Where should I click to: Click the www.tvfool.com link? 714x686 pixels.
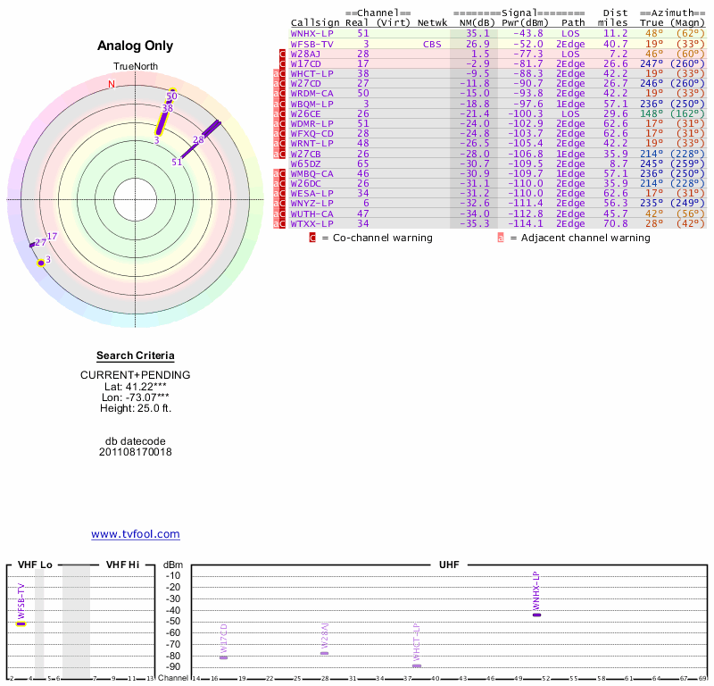coord(136,534)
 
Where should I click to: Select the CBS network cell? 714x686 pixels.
coord(433,43)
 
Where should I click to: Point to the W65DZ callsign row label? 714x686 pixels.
coord(305,163)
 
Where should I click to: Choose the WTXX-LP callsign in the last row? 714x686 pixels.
coord(312,223)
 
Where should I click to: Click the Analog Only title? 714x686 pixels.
coord(136,46)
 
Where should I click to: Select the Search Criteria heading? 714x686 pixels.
coord(136,356)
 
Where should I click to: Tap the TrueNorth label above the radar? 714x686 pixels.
coord(136,68)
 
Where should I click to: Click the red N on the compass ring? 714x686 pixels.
coord(112,85)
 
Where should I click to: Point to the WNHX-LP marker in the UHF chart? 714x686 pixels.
coord(536,615)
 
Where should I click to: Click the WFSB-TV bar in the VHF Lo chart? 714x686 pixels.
coord(21,623)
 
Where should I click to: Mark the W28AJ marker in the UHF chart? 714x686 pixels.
coord(324,653)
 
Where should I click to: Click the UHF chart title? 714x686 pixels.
coord(448,565)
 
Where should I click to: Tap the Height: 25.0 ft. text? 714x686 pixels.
coord(136,408)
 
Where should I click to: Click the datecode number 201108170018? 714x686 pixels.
coord(136,452)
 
